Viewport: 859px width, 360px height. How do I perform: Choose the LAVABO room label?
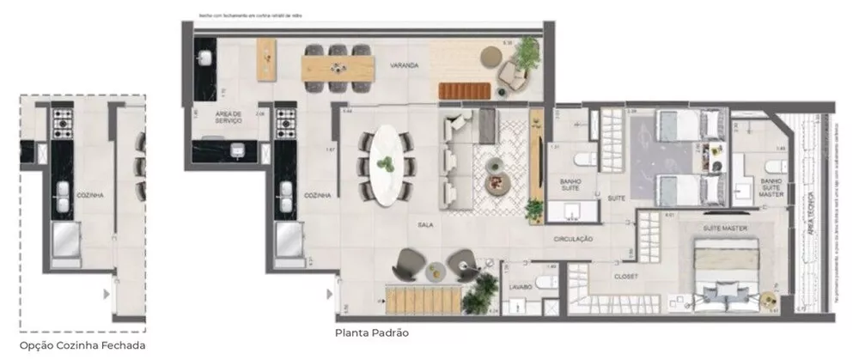point(521,286)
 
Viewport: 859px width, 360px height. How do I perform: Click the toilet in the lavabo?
point(547,283)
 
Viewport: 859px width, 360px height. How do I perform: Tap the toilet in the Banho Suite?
point(581,160)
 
